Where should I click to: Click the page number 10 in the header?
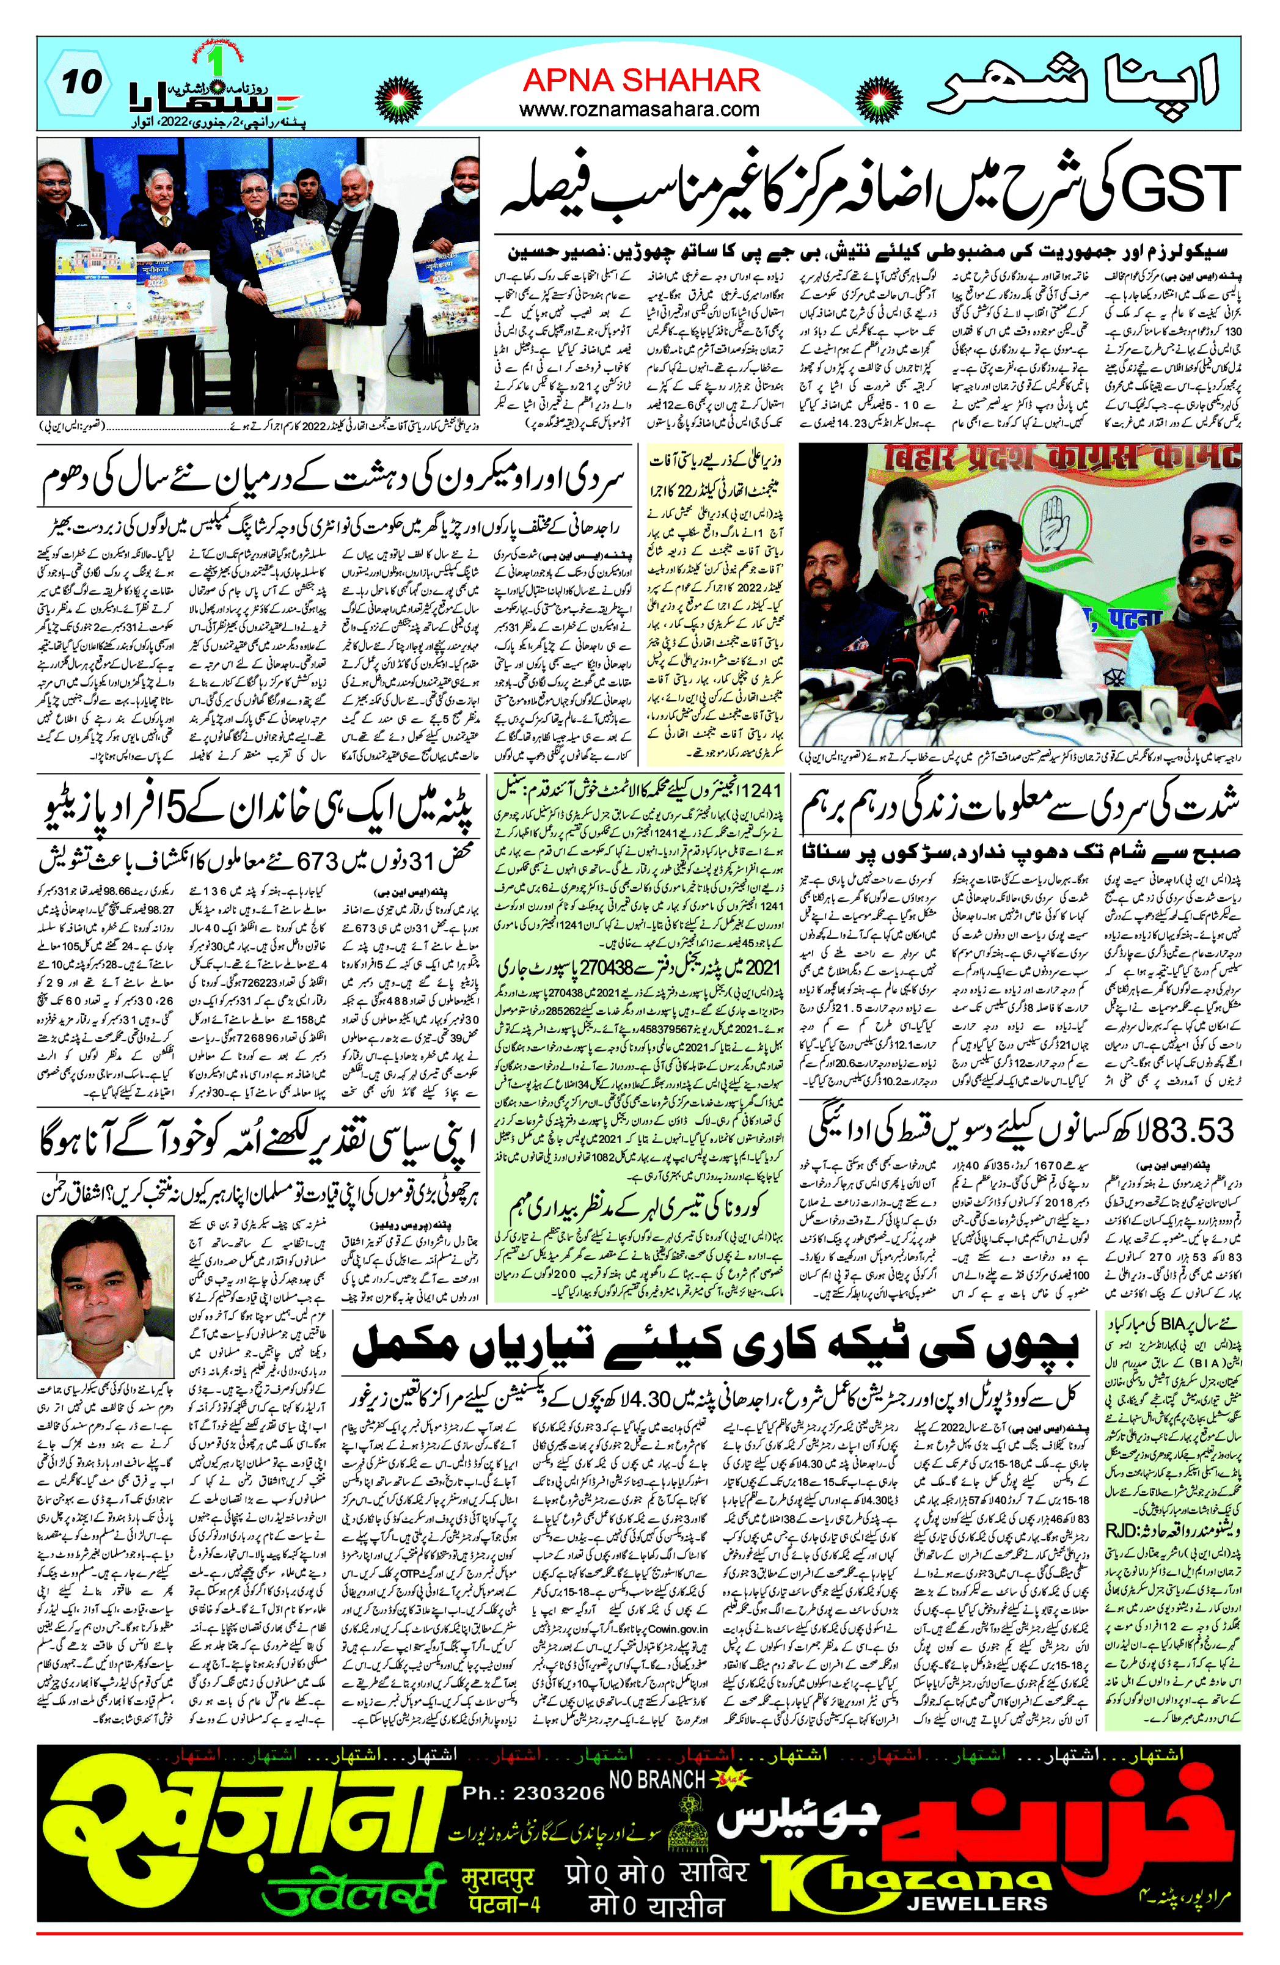[x=82, y=82]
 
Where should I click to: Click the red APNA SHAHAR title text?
[x=641, y=80]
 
